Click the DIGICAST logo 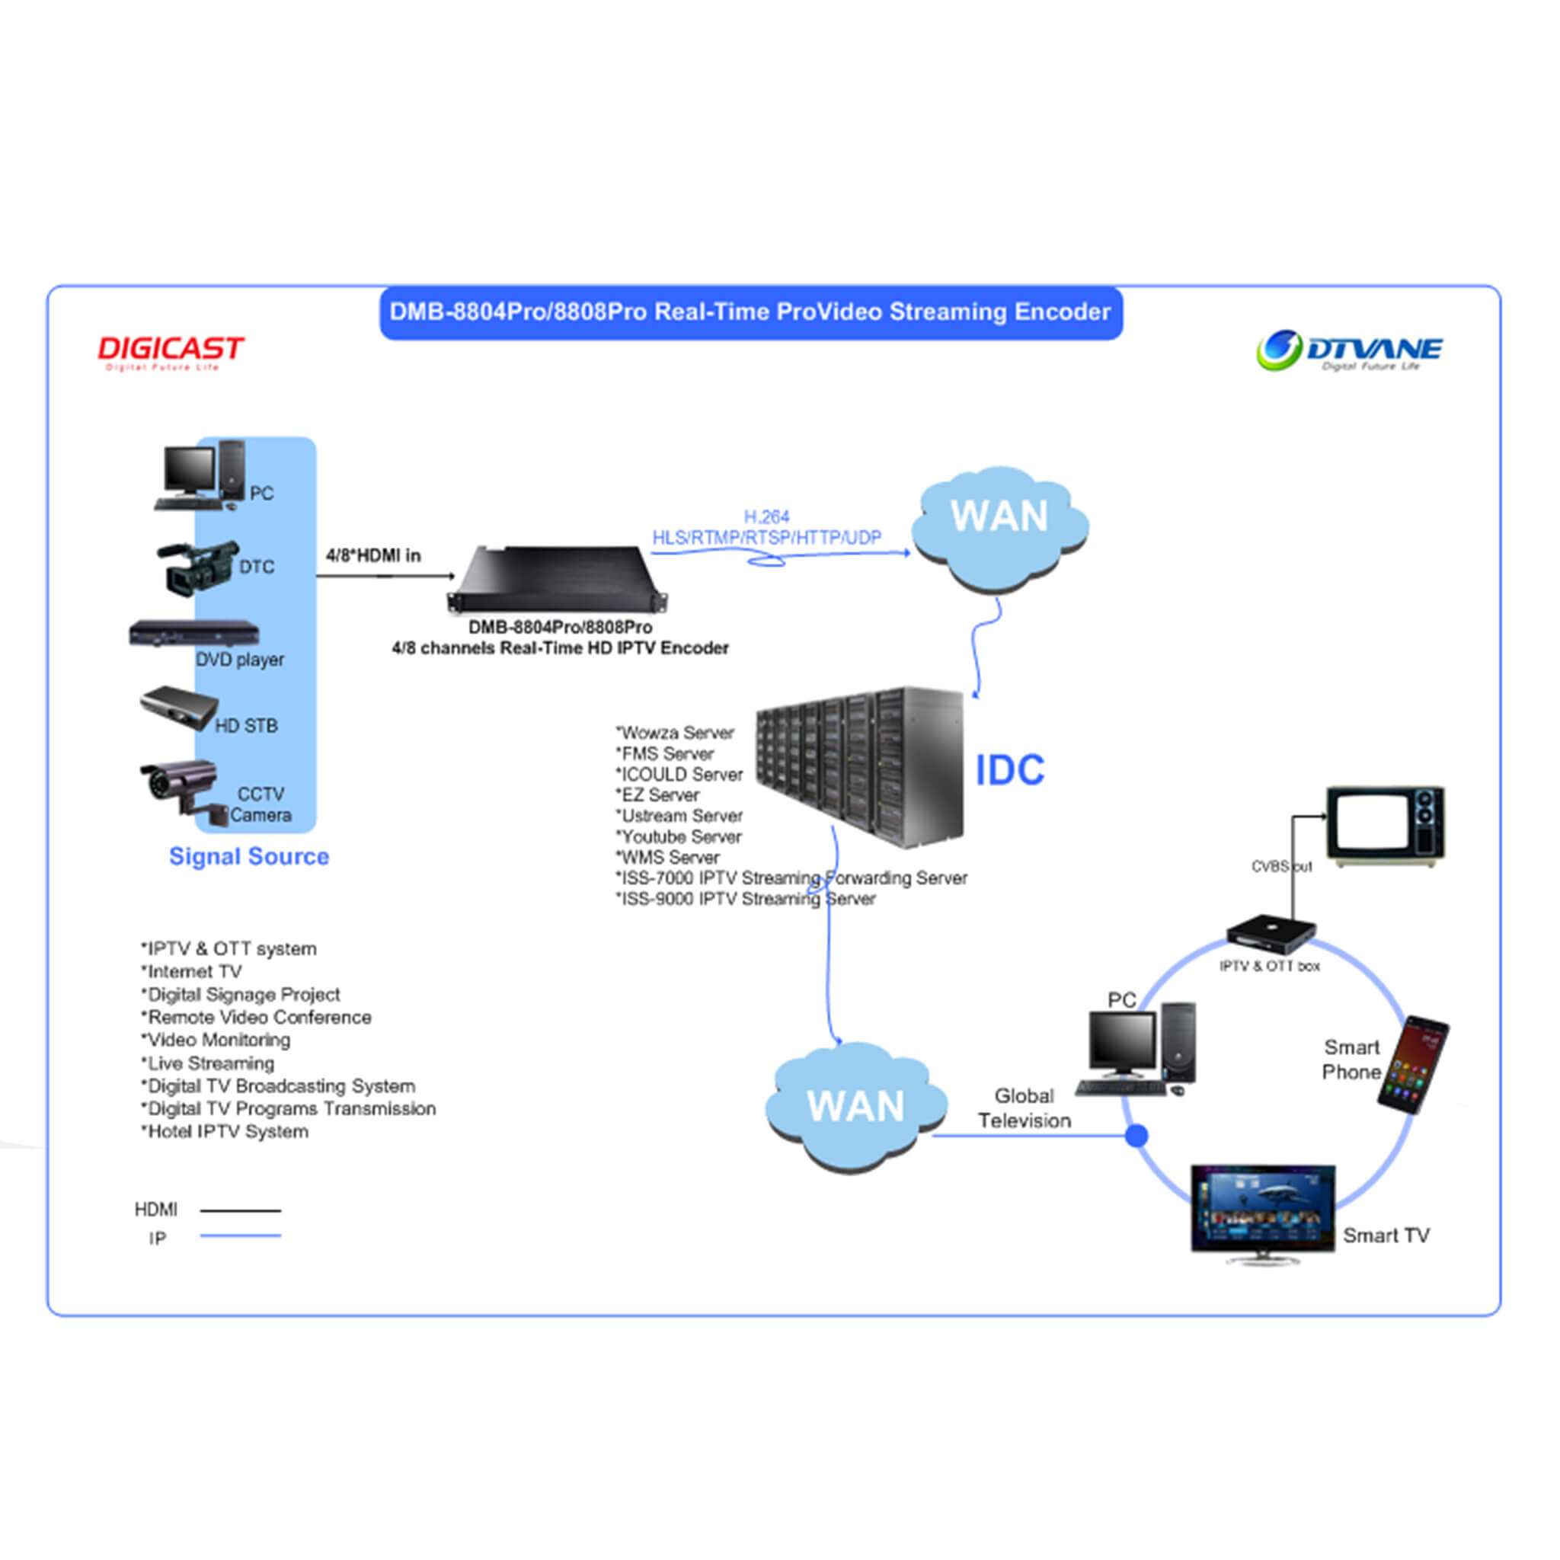(x=171, y=351)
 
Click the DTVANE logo (x=1348, y=350)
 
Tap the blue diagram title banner (x=750, y=312)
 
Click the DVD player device (x=193, y=633)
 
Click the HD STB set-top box (x=178, y=707)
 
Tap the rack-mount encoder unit (x=558, y=580)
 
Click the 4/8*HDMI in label (x=373, y=555)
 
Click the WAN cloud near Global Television (x=856, y=1106)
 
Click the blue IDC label (x=1009, y=770)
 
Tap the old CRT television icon (x=1386, y=825)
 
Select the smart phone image (x=1413, y=1064)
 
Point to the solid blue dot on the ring (x=1137, y=1136)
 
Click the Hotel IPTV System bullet (x=226, y=1131)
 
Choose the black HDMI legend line (x=241, y=1210)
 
